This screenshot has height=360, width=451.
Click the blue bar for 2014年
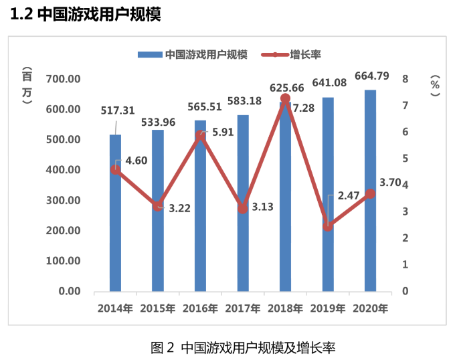coord(115,221)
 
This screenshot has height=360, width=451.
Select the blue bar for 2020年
coord(370,201)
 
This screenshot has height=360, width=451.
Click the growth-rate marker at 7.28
coord(285,99)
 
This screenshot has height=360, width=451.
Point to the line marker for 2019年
coord(327,226)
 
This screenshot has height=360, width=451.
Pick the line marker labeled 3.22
coord(158,206)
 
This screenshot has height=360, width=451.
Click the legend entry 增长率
coord(303,55)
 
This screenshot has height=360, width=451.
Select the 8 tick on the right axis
coord(405,79)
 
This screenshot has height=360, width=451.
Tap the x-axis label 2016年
coord(200,308)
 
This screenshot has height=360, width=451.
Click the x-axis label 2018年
coord(285,308)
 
